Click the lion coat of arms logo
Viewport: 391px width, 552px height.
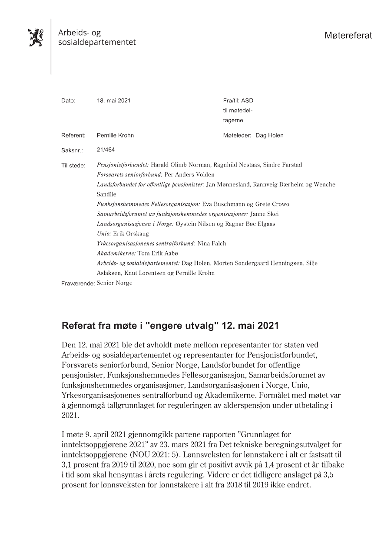coord(36,38)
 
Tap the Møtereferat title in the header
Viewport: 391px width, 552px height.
coord(348,36)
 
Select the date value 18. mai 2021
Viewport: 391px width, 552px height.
coord(114,101)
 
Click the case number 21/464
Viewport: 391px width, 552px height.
coord(106,150)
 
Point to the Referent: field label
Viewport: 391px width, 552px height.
coord(73,135)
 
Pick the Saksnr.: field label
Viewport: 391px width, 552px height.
coord(72,150)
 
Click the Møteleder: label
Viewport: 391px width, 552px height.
coord(237,135)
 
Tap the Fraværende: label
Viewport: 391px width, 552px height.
coord(78,284)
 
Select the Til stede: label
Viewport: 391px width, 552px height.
coord(73,166)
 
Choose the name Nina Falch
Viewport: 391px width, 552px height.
coord(212,243)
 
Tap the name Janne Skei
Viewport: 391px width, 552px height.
coord(265,214)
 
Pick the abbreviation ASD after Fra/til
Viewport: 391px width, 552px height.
coord(247,101)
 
